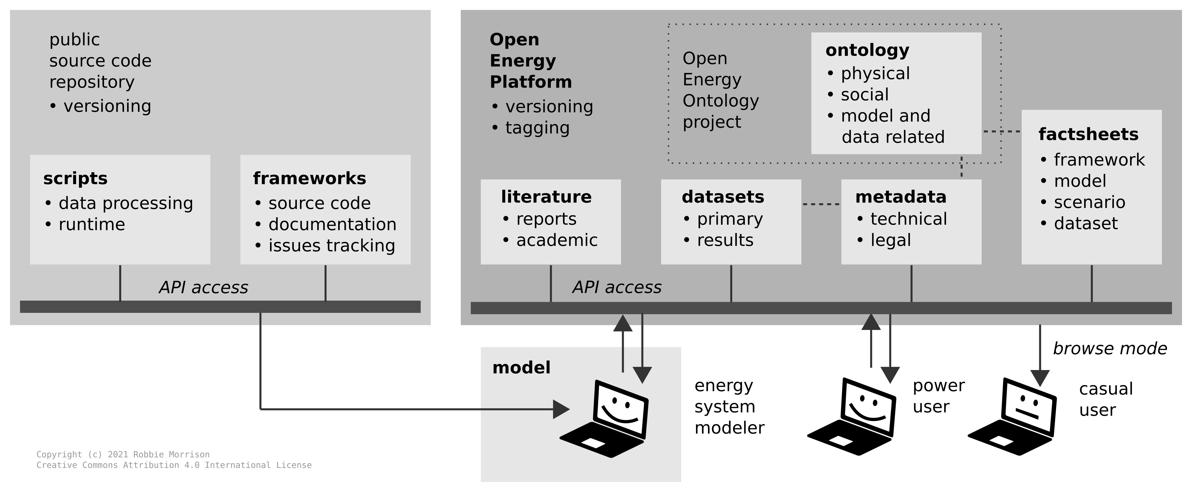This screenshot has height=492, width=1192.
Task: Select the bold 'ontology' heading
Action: click(867, 50)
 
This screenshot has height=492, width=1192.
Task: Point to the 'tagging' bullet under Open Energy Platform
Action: click(537, 128)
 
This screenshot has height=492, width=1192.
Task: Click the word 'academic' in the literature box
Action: click(557, 240)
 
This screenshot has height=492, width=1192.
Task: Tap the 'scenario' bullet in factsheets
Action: click(1089, 202)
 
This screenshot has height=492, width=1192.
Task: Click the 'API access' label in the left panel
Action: click(204, 287)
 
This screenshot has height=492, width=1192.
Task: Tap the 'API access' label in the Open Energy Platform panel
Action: click(617, 287)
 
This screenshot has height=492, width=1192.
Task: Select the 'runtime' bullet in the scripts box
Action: click(92, 224)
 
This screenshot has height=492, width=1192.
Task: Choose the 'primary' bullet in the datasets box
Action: click(730, 219)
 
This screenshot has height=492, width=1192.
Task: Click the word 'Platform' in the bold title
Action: click(531, 82)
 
